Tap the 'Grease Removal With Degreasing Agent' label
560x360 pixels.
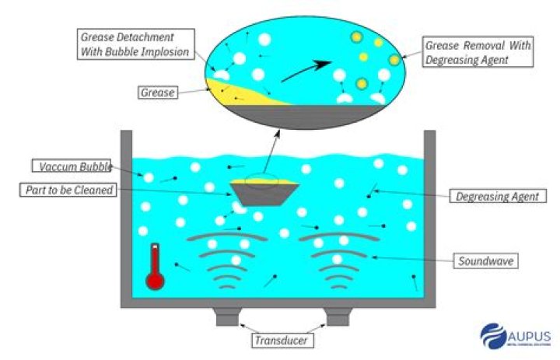point(478,52)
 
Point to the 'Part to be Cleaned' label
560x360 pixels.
point(72,190)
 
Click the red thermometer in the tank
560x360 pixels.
point(155,267)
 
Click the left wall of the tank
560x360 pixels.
point(126,218)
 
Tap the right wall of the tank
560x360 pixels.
point(429,218)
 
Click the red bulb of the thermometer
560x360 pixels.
point(155,280)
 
